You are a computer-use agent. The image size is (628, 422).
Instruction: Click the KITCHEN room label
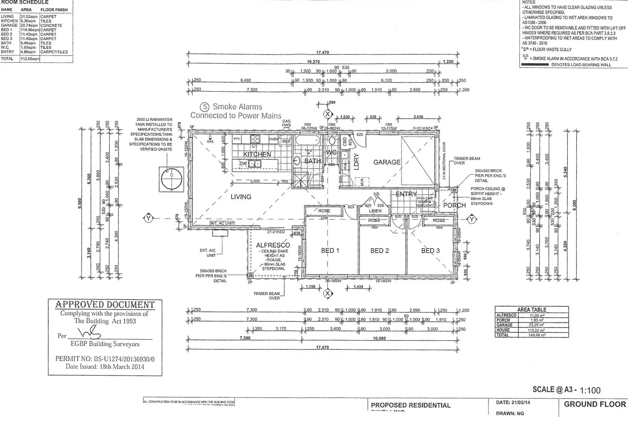click(x=257, y=154)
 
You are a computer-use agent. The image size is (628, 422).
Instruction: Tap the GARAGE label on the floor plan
click(x=387, y=162)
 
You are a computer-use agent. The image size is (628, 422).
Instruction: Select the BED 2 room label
click(x=379, y=251)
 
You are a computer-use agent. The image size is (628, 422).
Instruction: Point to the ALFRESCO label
click(x=273, y=245)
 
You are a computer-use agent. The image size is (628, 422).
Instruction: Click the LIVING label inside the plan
click(x=241, y=197)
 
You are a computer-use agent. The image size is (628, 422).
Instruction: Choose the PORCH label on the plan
click(x=454, y=205)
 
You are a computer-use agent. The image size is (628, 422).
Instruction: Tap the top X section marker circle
click(x=328, y=114)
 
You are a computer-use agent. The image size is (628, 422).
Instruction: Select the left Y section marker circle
click(x=148, y=218)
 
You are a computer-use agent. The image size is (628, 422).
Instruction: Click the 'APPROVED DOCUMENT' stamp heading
click(x=105, y=305)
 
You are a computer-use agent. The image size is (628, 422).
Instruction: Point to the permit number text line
click(x=105, y=359)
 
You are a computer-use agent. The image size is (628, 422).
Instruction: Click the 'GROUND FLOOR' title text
click(x=595, y=404)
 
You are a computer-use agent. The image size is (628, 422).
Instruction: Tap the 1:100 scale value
click(x=590, y=390)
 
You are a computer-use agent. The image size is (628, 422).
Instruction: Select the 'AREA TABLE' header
click(x=532, y=310)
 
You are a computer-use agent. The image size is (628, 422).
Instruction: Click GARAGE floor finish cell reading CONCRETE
click(x=51, y=26)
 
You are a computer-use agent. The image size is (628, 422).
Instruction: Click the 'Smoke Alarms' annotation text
click(x=237, y=107)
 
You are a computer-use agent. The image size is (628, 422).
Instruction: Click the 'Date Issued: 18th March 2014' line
click(x=105, y=366)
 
